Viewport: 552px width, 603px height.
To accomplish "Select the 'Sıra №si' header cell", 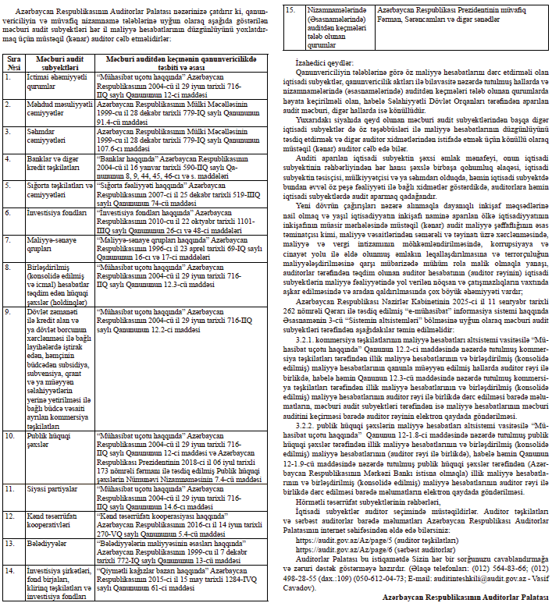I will point(14,62).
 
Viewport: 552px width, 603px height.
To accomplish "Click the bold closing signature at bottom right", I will point(466,595).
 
